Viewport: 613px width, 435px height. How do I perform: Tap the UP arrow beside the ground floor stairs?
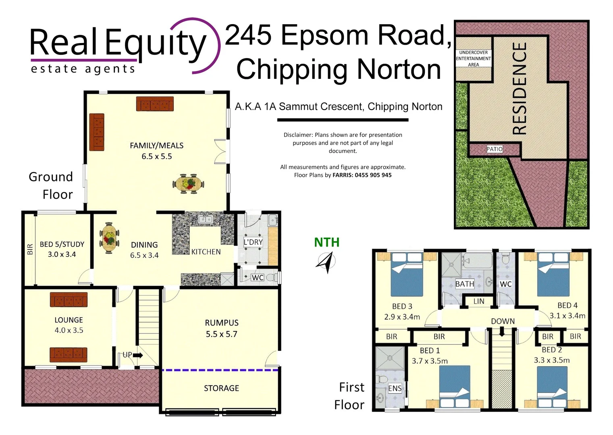tap(137, 355)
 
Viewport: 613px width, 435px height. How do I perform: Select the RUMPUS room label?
tap(221, 323)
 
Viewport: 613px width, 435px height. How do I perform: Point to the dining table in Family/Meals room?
tap(188, 184)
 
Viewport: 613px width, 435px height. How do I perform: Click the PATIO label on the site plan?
tap(494, 149)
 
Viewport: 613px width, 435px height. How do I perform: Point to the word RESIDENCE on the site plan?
tap(519, 89)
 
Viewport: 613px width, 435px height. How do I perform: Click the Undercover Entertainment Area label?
tap(473, 58)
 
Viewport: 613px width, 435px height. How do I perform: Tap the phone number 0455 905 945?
tap(373, 175)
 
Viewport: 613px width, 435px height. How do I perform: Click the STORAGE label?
tap(221, 388)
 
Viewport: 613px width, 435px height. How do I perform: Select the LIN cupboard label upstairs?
tap(479, 301)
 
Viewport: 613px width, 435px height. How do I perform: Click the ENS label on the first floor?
tap(395, 388)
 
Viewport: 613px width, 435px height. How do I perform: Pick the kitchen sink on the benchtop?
tap(206, 220)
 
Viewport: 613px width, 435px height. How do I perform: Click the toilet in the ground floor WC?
tap(272, 277)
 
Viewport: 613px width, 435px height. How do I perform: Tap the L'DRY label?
tap(253, 242)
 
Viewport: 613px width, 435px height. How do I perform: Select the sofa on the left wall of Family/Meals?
tap(97, 132)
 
